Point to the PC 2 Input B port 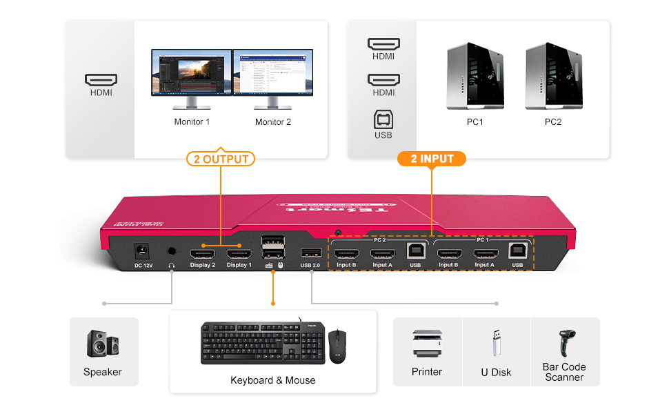pyautogui.click(x=345, y=253)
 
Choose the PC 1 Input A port pyautogui.click(x=484, y=253)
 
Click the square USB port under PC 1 pyautogui.click(x=517, y=251)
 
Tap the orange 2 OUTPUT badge pyautogui.click(x=220, y=159)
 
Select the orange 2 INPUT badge pyautogui.click(x=432, y=159)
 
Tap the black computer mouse pyautogui.click(x=337, y=345)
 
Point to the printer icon pyautogui.click(x=426, y=344)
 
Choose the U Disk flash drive pyautogui.click(x=496, y=344)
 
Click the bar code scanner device pyautogui.click(x=564, y=342)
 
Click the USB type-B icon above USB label pyautogui.click(x=383, y=119)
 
